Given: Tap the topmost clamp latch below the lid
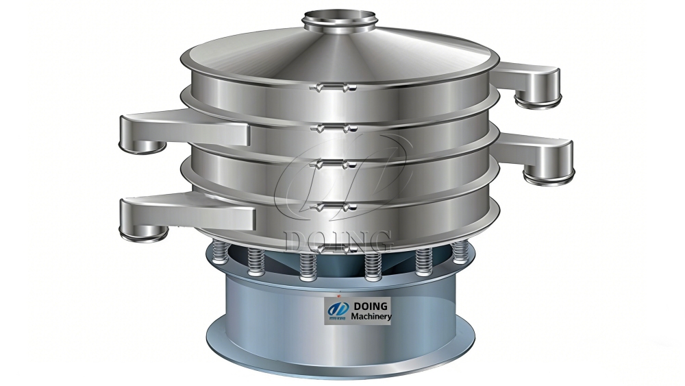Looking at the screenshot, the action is tap(333, 88).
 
